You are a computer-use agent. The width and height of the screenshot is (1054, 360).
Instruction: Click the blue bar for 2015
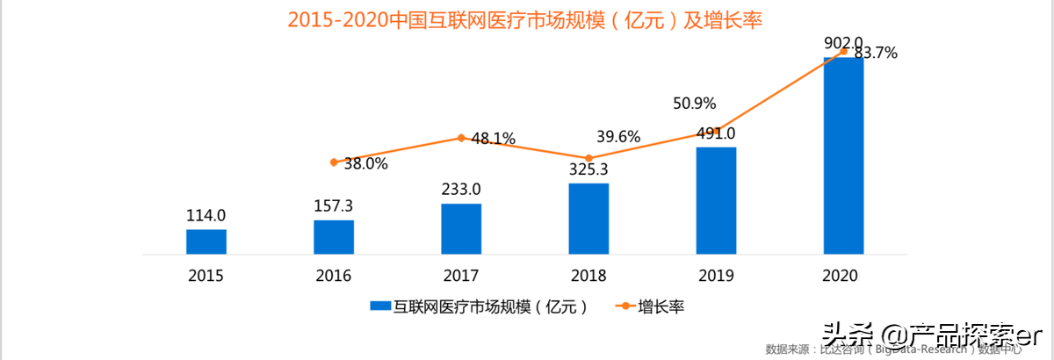[206, 241]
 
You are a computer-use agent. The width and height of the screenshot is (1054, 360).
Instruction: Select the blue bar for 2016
[334, 237]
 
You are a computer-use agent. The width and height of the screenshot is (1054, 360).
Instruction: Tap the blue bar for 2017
[461, 228]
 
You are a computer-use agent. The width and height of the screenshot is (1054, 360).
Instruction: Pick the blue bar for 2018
[588, 219]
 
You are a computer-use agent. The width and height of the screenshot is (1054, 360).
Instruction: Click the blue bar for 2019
[716, 200]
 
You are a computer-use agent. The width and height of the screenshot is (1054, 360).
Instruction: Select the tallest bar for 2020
[843, 155]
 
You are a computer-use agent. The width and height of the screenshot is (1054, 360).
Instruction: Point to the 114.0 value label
[206, 215]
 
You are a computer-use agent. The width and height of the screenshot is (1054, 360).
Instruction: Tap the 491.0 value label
[716, 133]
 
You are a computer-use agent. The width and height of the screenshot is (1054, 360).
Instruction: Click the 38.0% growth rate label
[365, 163]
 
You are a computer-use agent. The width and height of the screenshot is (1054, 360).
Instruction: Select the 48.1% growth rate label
[493, 139]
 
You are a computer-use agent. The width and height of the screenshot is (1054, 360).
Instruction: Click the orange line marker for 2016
[334, 162]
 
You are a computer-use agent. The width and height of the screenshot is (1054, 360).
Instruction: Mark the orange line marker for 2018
[588, 158]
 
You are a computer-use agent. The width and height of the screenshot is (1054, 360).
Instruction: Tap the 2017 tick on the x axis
[461, 276]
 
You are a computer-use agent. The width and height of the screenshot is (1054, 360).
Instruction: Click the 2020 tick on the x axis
[843, 276]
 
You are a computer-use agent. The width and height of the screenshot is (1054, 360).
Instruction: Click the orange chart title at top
[525, 19]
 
